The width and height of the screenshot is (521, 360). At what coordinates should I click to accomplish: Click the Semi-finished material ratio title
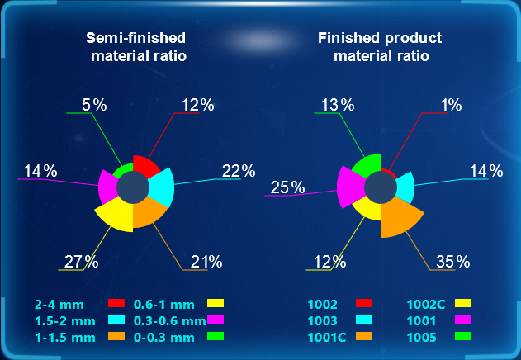click(x=136, y=47)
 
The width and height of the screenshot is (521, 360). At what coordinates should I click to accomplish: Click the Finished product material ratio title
click(x=380, y=47)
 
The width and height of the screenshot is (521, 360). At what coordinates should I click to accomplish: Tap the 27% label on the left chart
click(x=81, y=263)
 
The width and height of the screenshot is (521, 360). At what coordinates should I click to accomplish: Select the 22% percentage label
click(x=238, y=172)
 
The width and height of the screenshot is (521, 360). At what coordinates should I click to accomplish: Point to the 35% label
click(x=452, y=263)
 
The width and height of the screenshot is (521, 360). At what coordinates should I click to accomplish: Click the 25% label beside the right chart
click(x=287, y=188)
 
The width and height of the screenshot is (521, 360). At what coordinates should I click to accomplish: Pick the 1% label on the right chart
click(x=451, y=105)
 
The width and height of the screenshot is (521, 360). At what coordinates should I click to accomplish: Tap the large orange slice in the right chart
click(x=404, y=216)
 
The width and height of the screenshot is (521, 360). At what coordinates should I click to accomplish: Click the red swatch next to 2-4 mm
click(x=116, y=303)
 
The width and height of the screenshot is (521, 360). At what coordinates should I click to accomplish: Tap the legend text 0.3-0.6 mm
click(x=169, y=320)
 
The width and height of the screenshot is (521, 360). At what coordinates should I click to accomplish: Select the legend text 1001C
click(x=328, y=337)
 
